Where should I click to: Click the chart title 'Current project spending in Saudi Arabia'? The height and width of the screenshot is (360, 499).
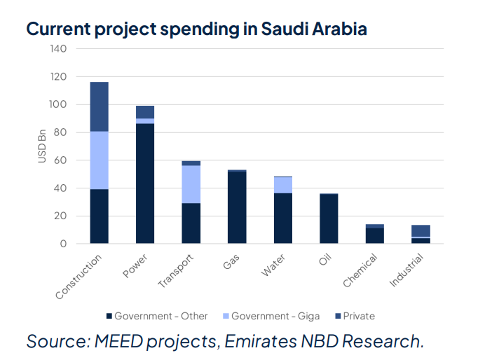[x=196, y=29]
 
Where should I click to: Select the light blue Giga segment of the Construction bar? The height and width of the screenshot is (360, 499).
[x=100, y=160]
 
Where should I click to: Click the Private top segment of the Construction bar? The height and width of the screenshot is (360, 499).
[x=100, y=106]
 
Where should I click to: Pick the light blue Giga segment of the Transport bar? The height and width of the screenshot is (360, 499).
[x=191, y=184]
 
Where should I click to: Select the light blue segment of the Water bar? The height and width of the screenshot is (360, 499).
[x=283, y=185]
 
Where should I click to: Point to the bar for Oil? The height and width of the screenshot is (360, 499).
[x=329, y=219]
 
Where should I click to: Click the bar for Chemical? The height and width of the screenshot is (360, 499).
[x=375, y=235]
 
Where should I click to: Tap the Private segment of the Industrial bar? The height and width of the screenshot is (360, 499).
[x=421, y=230]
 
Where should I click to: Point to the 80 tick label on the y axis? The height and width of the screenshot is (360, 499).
[x=61, y=132]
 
